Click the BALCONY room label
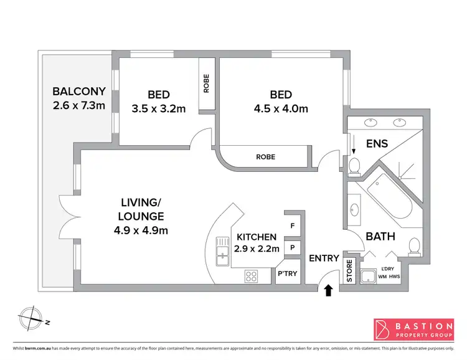(79, 91)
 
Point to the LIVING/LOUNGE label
(143, 209)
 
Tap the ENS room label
(377, 143)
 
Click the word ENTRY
(324, 258)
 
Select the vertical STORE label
(349, 272)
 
